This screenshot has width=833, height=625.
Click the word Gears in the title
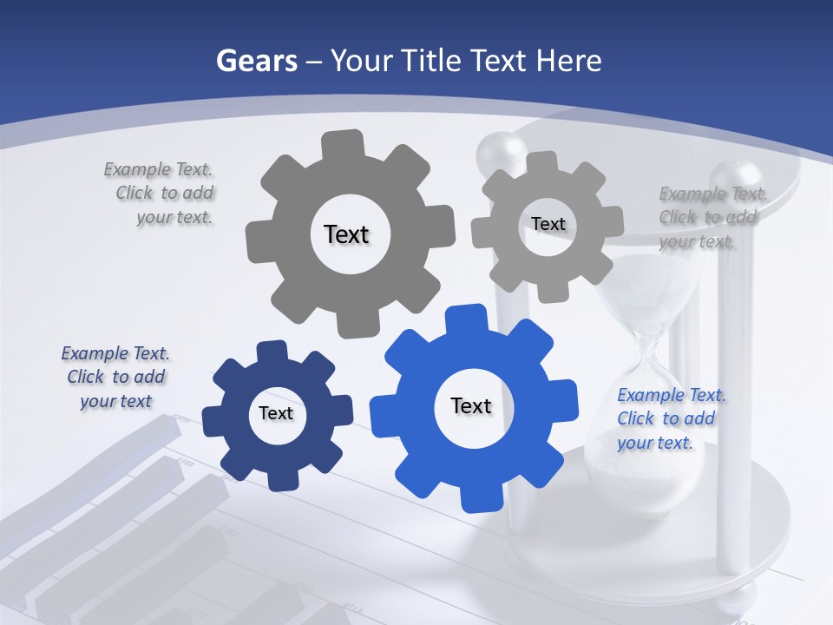pyautogui.click(x=256, y=61)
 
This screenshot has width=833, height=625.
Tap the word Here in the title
pyautogui.click(x=568, y=61)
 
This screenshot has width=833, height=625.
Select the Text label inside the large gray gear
pyautogui.click(x=346, y=234)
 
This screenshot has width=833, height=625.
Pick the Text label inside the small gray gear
pyautogui.click(x=548, y=224)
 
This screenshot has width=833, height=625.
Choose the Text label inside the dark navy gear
pyautogui.click(x=276, y=413)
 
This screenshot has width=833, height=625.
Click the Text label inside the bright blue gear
pyautogui.click(x=471, y=405)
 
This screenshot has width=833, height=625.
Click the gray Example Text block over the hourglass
pyautogui.click(x=712, y=217)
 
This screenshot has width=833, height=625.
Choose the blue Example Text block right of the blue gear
pyautogui.click(x=670, y=418)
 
